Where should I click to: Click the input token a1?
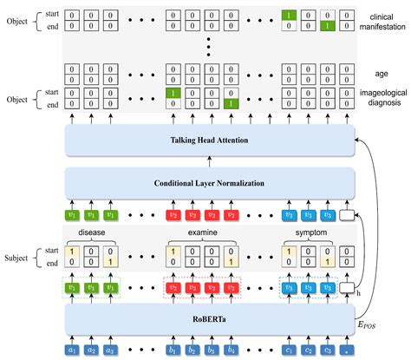pos(72,350)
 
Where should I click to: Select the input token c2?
pos(308,350)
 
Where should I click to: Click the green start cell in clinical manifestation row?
pos(290,15)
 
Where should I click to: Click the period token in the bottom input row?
pos(348,350)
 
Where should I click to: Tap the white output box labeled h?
pos(348,287)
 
